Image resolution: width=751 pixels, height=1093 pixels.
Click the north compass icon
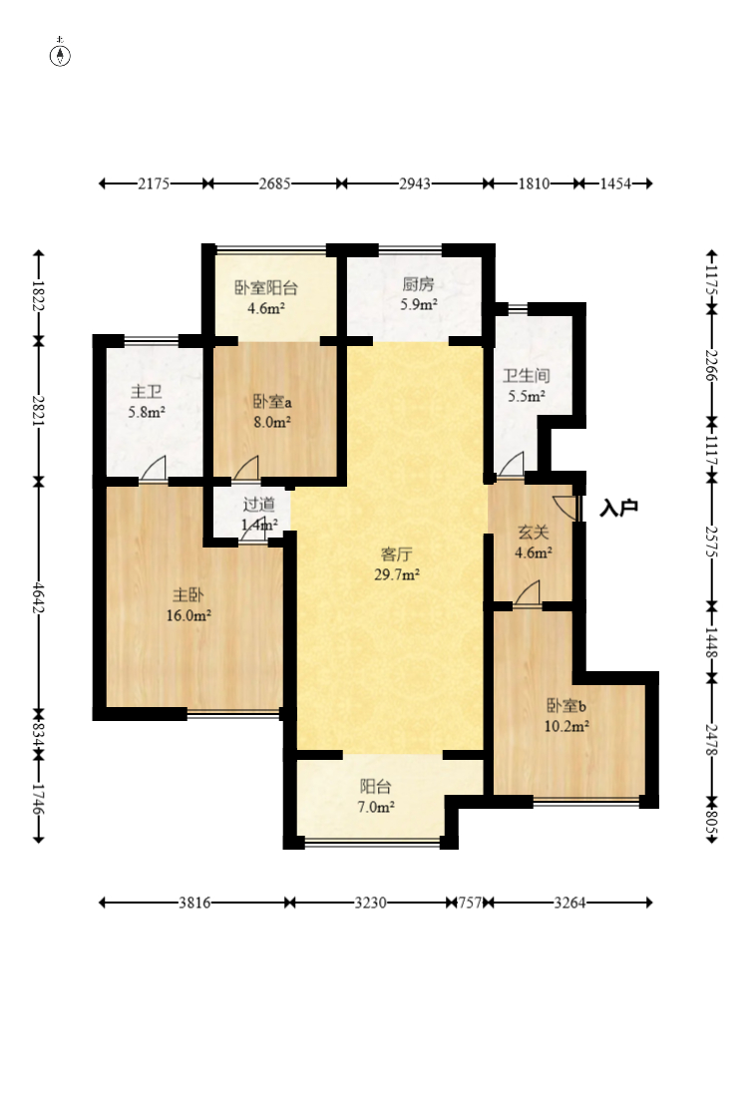(x=61, y=55)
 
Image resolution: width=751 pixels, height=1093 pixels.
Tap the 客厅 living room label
(x=396, y=554)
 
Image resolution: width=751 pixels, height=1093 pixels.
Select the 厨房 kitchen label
(x=418, y=284)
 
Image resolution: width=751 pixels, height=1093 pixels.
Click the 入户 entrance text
(x=619, y=508)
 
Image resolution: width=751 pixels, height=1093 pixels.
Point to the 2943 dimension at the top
(x=415, y=184)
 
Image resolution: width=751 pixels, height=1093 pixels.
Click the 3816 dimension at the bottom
(x=194, y=903)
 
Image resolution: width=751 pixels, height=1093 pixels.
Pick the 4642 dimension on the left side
(x=38, y=598)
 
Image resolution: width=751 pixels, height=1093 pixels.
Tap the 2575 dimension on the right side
(x=711, y=542)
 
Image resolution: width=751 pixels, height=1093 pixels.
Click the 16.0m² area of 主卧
(x=188, y=615)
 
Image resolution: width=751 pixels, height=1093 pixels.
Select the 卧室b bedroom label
(x=565, y=705)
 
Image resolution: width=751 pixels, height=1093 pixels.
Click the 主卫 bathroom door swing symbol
(x=154, y=469)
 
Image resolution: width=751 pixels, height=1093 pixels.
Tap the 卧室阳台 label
(x=266, y=288)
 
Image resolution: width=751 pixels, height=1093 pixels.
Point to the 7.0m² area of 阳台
(x=376, y=807)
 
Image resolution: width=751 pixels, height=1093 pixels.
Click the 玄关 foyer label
(x=534, y=534)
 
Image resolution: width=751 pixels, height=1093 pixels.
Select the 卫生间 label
(x=527, y=376)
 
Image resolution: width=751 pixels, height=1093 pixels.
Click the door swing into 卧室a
(x=245, y=469)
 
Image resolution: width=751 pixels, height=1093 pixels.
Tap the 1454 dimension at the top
(x=615, y=184)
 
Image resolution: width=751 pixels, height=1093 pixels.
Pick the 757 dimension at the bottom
(x=470, y=903)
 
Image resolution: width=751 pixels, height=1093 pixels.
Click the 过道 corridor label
(x=258, y=504)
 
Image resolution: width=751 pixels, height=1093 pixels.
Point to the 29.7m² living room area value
(x=397, y=574)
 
